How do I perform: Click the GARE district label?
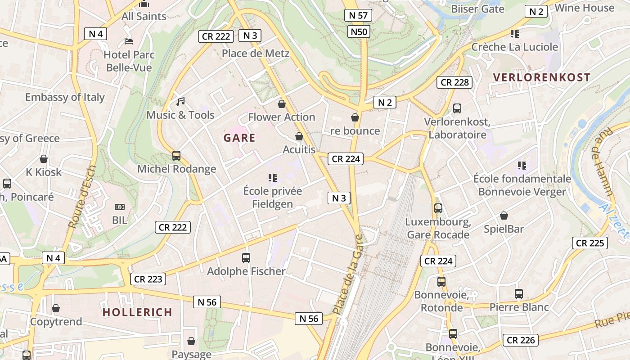[239, 138]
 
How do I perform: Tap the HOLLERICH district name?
[137, 312]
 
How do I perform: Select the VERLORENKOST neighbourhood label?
[541, 77]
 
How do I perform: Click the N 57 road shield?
[358, 15]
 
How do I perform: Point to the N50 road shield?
[359, 31]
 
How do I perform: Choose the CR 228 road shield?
[454, 82]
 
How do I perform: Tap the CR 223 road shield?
[148, 279]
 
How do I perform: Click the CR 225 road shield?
[590, 243]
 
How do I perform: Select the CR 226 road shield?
[521, 340]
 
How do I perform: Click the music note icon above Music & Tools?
[180, 102]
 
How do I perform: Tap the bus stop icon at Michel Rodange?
[176, 156]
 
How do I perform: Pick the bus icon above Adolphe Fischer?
[246, 258]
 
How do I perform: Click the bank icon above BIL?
[119, 207]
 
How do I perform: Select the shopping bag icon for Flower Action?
[282, 104]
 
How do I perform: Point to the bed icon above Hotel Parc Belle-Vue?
[129, 41]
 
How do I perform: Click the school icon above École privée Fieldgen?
[272, 178]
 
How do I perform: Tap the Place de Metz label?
[256, 54]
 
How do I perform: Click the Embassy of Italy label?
[65, 97]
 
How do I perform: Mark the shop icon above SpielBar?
[504, 216]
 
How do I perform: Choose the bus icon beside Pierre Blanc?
[519, 294]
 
